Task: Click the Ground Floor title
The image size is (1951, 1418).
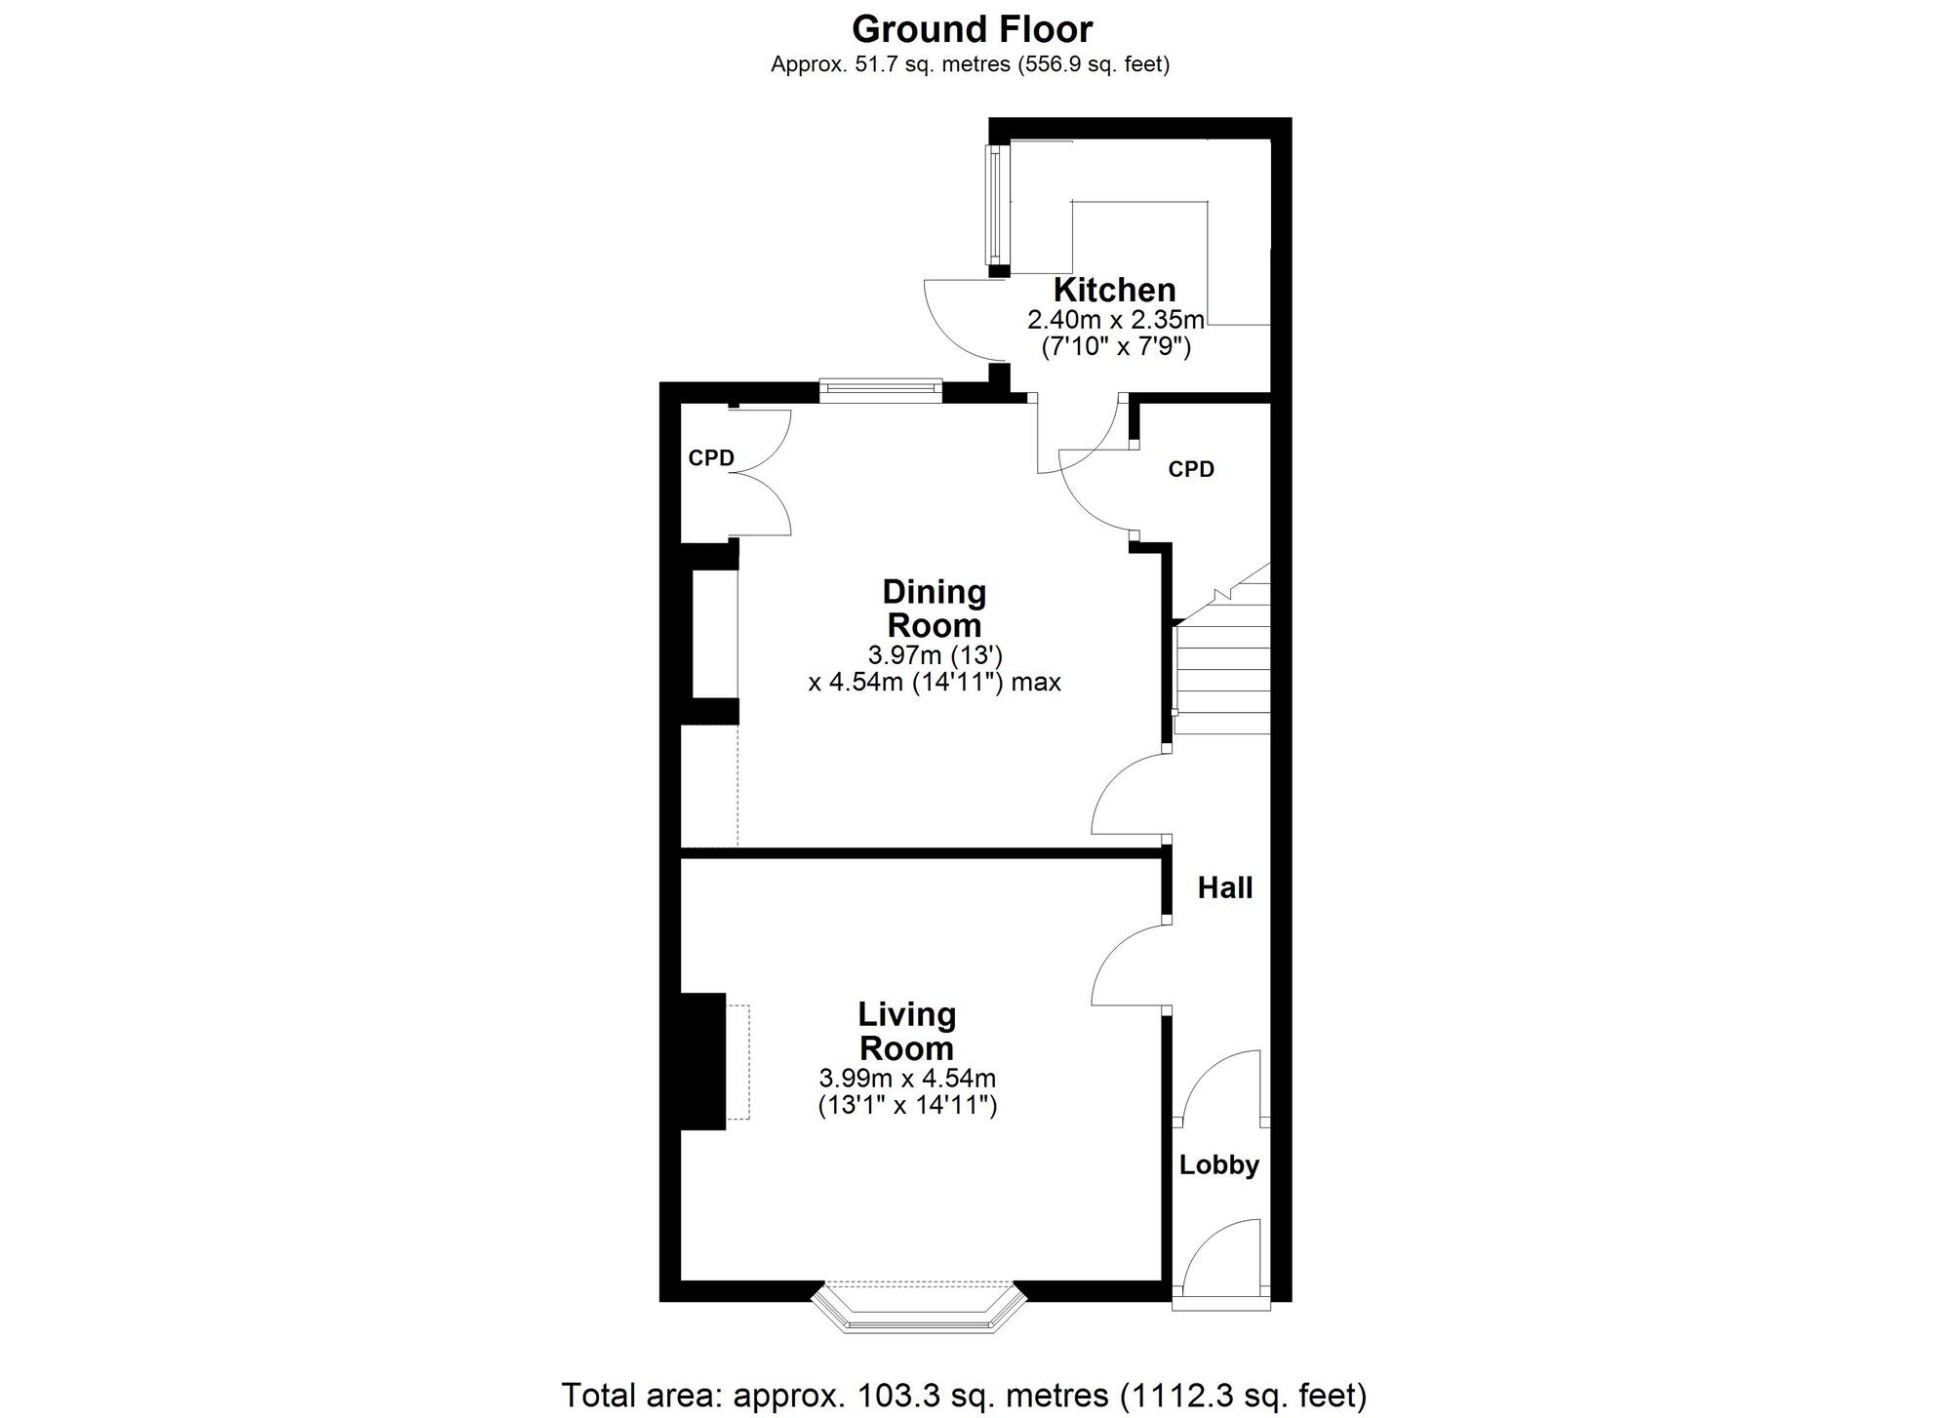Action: pyautogui.click(x=973, y=30)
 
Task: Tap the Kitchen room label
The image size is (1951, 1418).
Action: pyautogui.click(x=1114, y=290)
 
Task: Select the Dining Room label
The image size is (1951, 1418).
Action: pyautogui.click(x=934, y=608)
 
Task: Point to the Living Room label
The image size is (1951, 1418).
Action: pyautogui.click(x=906, y=1031)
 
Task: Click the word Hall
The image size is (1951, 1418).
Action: pyautogui.click(x=1225, y=887)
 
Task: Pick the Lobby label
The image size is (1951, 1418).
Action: pyautogui.click(x=1219, y=1165)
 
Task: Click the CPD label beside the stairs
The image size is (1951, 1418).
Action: pyautogui.click(x=1191, y=470)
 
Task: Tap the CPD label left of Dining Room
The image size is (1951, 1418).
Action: pyautogui.click(x=711, y=458)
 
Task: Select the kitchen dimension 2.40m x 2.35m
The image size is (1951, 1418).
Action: pyautogui.click(x=1116, y=320)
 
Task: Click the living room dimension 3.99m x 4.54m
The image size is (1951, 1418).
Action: pyautogui.click(x=907, y=1079)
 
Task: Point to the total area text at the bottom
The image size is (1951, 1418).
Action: pyautogui.click(x=964, y=1396)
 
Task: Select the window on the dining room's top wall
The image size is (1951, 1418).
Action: pyautogui.click(x=881, y=390)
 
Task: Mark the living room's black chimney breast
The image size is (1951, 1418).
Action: pyautogui.click(x=703, y=1061)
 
